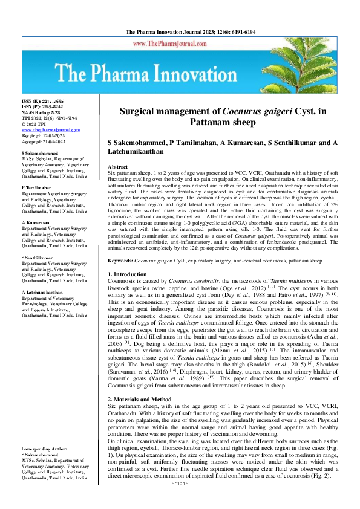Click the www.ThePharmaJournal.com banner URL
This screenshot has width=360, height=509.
point(180,44)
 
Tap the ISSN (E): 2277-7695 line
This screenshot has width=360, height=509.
point(42,101)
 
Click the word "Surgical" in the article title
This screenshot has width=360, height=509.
point(140,111)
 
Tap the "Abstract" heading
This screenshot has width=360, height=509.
point(117,166)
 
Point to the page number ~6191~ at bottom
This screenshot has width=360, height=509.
point(180,501)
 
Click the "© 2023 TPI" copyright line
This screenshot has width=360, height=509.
point(36,123)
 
